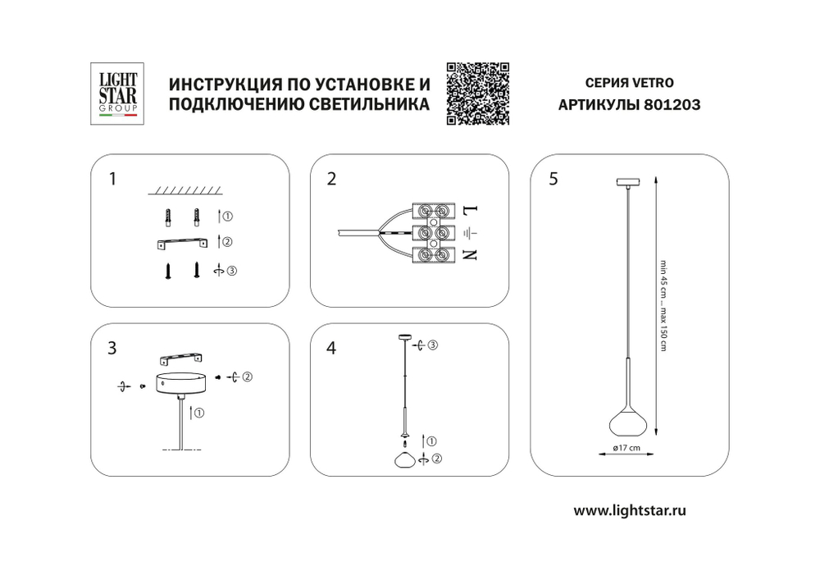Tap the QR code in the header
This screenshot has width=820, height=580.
click(478, 94)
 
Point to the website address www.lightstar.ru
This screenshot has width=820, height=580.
click(629, 509)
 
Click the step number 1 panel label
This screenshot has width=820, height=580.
click(114, 179)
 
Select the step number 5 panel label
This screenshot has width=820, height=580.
click(554, 179)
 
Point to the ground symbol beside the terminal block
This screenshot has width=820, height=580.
click(471, 232)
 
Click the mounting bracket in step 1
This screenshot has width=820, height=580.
click(183, 243)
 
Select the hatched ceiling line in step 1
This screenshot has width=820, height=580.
click(185, 191)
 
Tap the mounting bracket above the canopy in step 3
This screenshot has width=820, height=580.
click(181, 358)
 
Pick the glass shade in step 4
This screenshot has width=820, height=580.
click(404, 459)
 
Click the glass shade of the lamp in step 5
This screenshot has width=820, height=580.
click(627, 421)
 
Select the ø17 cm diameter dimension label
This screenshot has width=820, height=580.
click(627, 447)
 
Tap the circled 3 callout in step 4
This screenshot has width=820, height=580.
click(433, 345)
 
